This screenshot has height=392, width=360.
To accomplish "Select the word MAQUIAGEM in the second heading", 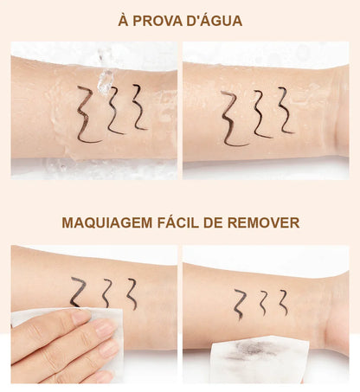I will click(106, 222).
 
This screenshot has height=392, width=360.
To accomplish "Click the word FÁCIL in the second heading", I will click(187, 222).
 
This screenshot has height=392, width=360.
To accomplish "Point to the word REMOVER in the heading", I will click(265, 222).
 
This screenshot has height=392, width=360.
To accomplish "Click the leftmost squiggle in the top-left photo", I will click(87, 114).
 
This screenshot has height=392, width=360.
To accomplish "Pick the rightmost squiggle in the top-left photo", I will click(138, 106).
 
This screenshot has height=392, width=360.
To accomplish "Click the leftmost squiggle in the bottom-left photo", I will click(78, 292).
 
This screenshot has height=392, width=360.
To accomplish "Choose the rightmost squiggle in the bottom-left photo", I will click(132, 293).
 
